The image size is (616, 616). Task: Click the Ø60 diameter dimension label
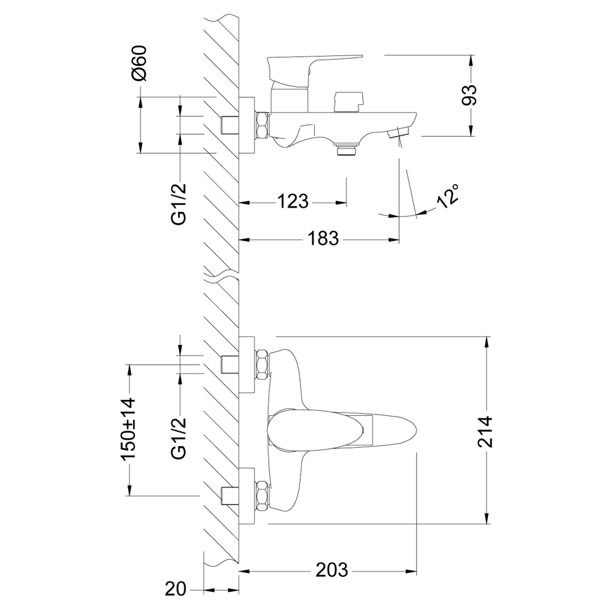(x=139, y=63)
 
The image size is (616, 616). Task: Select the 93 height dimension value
(x=469, y=95)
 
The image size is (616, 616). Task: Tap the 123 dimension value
(x=293, y=202)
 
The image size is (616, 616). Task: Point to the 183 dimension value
(x=323, y=238)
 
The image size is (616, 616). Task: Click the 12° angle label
(x=448, y=196)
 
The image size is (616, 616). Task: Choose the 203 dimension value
(x=332, y=570)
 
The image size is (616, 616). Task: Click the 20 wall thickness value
(x=176, y=590)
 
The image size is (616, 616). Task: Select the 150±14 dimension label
(x=128, y=429)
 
